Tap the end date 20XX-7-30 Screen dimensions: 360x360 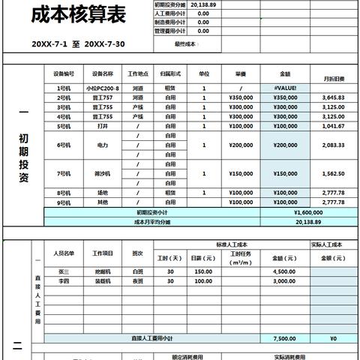pyautogui.click(x=105, y=44)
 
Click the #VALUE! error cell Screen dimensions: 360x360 pyautogui.click(x=285, y=88)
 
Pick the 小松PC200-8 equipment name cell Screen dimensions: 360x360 pyautogui.click(x=103, y=88)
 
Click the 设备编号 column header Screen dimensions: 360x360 pyautogui.click(x=64, y=74)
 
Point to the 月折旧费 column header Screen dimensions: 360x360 pyautogui.click(x=334, y=78)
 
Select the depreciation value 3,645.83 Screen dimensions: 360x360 pyautogui.click(x=333, y=97)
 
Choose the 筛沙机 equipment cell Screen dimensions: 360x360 pyautogui.click(x=103, y=173)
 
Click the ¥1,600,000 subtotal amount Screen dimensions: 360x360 pyautogui.click(x=285, y=212)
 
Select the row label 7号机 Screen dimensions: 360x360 pyautogui.click(x=64, y=173)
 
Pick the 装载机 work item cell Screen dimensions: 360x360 pyautogui.click(x=103, y=280)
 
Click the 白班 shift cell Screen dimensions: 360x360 pyautogui.click(x=137, y=271)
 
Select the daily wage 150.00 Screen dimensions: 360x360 pyautogui.click(x=203, y=271)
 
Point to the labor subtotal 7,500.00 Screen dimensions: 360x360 pyautogui.click(x=285, y=338)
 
